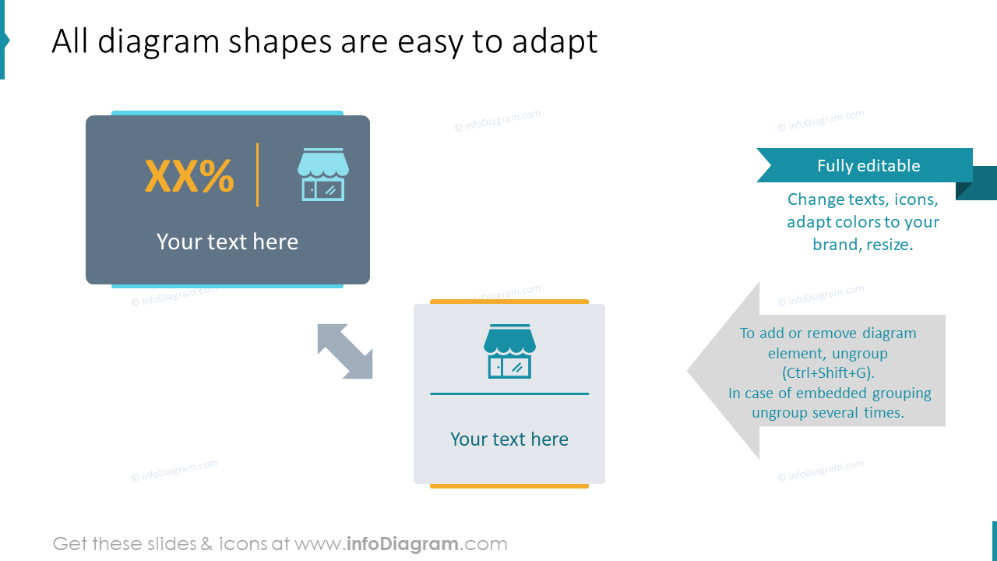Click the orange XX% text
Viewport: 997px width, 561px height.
(189, 177)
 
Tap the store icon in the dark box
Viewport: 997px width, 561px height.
(322, 175)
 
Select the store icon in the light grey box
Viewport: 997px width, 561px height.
(509, 351)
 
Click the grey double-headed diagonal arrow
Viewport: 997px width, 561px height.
(345, 351)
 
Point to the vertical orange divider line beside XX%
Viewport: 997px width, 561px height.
(257, 175)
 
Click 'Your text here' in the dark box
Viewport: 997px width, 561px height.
(227, 242)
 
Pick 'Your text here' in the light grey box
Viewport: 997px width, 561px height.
(509, 439)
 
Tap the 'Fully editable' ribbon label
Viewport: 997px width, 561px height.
(868, 165)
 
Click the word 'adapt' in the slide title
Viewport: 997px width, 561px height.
(555, 41)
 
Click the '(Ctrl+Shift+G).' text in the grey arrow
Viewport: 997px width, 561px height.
(827, 373)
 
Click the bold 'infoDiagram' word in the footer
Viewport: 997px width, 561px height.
(402, 544)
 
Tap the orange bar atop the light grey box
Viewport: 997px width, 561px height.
(509, 302)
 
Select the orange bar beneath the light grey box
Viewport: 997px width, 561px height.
(509, 486)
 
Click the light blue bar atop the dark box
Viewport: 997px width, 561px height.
(227, 113)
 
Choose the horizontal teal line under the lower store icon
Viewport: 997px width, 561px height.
(509, 393)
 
